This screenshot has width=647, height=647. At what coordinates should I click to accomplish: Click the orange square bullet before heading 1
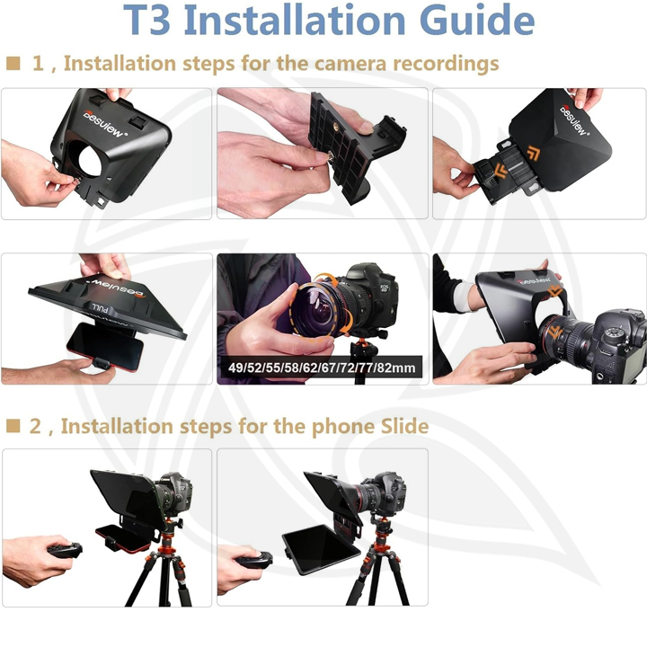[x=13, y=64]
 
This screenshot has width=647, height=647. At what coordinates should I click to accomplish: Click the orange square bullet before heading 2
[x=13, y=425]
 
